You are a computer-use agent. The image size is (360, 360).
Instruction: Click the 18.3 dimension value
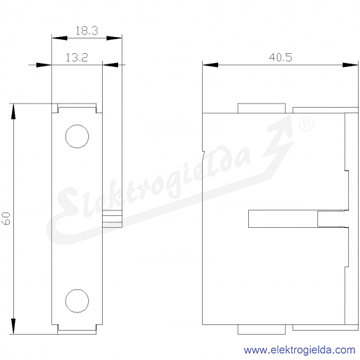tap(87, 31)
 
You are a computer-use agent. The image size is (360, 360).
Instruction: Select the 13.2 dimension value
tap(77, 57)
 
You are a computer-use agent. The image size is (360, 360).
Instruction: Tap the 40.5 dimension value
tap(280, 57)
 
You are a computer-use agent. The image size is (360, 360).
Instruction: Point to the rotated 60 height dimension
tap(7, 218)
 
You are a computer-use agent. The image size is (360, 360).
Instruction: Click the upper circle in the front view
tap(77, 125)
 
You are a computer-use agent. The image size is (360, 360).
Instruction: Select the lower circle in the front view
tap(77, 289)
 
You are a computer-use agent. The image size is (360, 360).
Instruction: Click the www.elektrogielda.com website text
tap(299, 350)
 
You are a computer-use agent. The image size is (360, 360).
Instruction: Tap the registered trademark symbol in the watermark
tap(306, 124)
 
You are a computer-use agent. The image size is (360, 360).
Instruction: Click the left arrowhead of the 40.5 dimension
tap(210, 65)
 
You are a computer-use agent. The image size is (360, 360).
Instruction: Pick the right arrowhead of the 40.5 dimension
tap(350, 65)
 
